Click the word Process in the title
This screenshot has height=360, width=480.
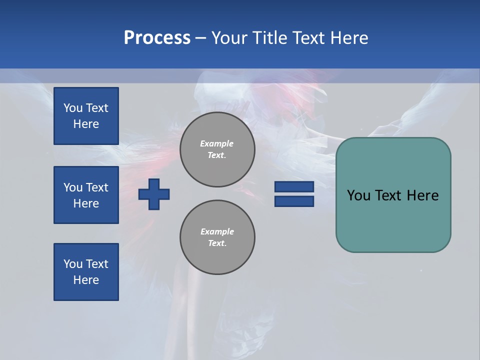pyautogui.click(x=157, y=38)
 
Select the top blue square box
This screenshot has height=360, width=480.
pyautogui.click(x=86, y=116)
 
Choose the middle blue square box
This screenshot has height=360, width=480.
pyautogui.click(x=86, y=195)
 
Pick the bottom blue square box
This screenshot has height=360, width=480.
pyautogui.click(x=86, y=272)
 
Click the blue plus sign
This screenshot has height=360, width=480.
pyautogui.click(x=154, y=194)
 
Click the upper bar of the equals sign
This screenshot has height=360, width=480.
pyautogui.click(x=294, y=187)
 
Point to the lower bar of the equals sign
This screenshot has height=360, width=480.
pyautogui.click(x=294, y=201)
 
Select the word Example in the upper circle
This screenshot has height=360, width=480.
pyautogui.click(x=217, y=143)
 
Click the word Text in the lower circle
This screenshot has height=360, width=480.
pyautogui.click(x=217, y=243)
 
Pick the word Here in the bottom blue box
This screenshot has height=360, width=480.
pyautogui.click(x=86, y=280)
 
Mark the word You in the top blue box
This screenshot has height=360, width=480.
pyautogui.click(x=73, y=108)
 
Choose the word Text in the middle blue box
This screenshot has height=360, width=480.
pyautogui.click(x=97, y=187)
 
